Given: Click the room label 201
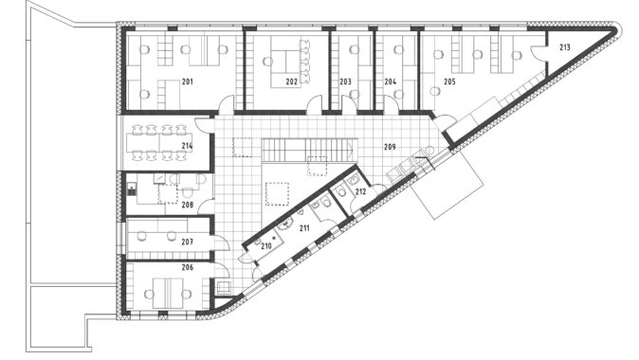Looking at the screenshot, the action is click(188, 81).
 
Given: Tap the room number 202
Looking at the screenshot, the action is click(291, 81).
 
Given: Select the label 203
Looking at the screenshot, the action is click(345, 81).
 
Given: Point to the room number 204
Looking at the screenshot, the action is click(390, 81).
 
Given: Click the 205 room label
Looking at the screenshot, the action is click(449, 81).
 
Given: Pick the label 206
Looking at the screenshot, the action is click(188, 267).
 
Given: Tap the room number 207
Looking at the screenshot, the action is click(187, 242).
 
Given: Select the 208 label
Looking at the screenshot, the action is click(188, 205).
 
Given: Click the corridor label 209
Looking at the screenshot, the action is click(390, 147).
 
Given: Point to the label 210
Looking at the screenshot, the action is click(266, 246).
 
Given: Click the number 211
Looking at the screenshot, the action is click(304, 228).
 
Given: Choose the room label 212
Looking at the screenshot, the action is click(360, 191).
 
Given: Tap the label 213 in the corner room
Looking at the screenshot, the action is click(564, 47).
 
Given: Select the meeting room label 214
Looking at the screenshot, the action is click(187, 146).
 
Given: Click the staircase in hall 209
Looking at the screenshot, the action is click(309, 150).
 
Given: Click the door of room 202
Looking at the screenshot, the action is click(315, 104).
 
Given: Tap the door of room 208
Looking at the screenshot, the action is click(206, 207).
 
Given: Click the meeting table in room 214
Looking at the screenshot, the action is click(159, 143).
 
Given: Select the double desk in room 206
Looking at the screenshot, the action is click(168, 294).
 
